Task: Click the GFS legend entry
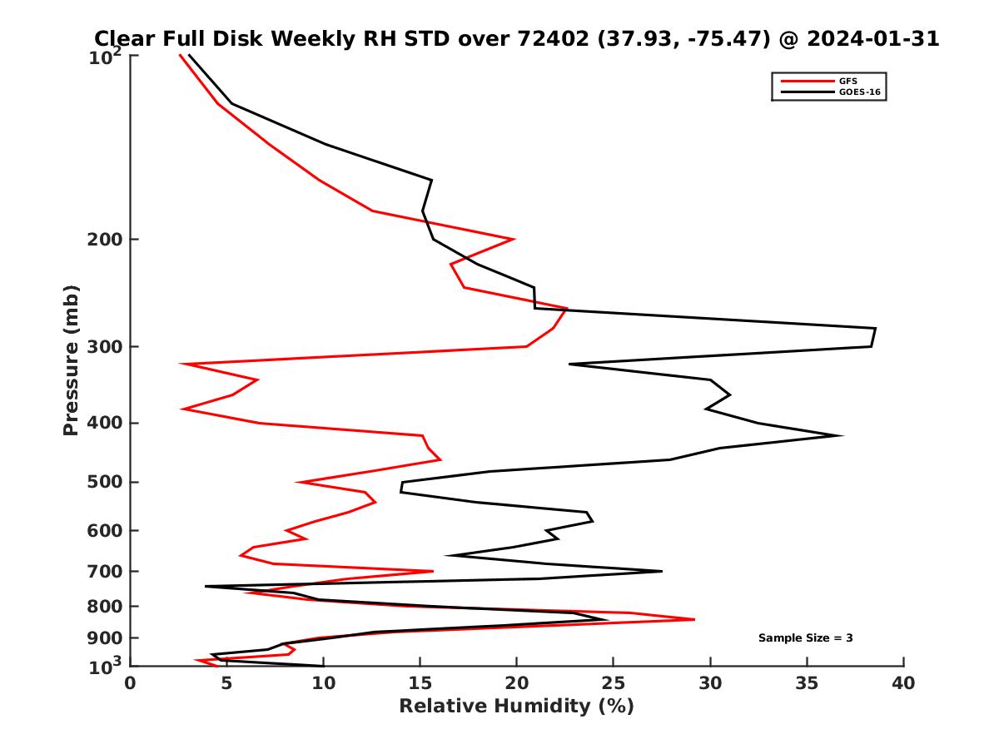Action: click(x=848, y=81)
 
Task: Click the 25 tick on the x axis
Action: click(x=614, y=684)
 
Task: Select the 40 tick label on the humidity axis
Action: click(x=903, y=684)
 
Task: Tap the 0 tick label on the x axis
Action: click(x=131, y=684)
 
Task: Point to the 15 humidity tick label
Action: click(x=420, y=684)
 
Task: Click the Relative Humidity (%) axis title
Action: click(x=516, y=707)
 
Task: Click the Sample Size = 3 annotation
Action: click(x=805, y=638)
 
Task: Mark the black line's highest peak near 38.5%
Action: click(x=875, y=329)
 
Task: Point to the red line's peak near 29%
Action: click(x=693, y=619)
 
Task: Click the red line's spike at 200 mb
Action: click(x=514, y=239)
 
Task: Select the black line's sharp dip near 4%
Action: click(x=206, y=587)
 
